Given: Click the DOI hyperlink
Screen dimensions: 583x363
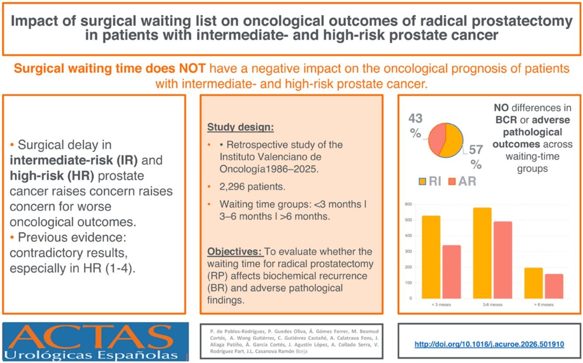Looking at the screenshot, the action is tap(489, 344).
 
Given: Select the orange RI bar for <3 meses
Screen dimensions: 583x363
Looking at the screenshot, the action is tap(431, 257).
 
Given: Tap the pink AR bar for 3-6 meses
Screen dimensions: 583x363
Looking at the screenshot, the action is tap(503, 260).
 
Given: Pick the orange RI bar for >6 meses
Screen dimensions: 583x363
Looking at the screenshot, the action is tap(534, 283).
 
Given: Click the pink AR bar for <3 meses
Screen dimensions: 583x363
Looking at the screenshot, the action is tap(451, 272).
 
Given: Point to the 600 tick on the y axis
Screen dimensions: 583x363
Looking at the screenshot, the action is tap(408, 204).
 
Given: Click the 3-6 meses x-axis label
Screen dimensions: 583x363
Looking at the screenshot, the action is tap(492, 304).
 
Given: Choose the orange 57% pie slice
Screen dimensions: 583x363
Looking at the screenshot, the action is tap(452, 140).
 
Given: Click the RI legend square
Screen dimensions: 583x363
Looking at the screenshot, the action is tap(422, 181).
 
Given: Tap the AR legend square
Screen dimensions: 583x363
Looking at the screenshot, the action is tap(452, 181).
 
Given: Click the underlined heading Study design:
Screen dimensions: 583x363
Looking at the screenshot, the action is tap(241, 127).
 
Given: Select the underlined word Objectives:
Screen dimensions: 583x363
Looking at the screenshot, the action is tap(234, 251).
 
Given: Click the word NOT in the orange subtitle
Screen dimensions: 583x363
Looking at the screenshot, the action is tap(192, 68).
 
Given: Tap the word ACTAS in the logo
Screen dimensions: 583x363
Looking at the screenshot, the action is tap(91, 337).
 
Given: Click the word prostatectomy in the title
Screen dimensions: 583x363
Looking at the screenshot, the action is tap(522, 21).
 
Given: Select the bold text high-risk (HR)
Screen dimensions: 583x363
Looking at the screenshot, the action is tap(52, 176).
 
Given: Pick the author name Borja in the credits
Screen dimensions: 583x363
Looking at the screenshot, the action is tap(301, 351).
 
